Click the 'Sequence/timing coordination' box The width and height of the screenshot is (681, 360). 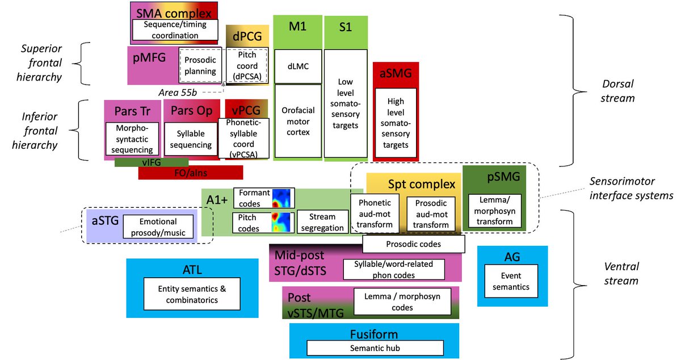click(x=175, y=30)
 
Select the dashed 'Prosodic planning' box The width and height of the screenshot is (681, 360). click(x=200, y=66)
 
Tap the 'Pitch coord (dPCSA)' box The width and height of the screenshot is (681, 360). click(x=247, y=66)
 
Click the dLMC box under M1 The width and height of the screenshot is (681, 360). click(x=295, y=66)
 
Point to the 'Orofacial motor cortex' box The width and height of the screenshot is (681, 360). click(x=295, y=121)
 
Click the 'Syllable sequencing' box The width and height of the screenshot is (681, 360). click(x=191, y=139)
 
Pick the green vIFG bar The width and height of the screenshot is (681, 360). click(x=151, y=162)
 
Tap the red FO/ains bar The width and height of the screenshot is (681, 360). click(x=190, y=173)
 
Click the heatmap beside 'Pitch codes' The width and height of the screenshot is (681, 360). click(x=282, y=222)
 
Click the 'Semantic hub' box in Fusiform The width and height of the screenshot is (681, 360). click(x=375, y=348)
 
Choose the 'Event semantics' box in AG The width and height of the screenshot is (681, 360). click(x=510, y=282)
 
